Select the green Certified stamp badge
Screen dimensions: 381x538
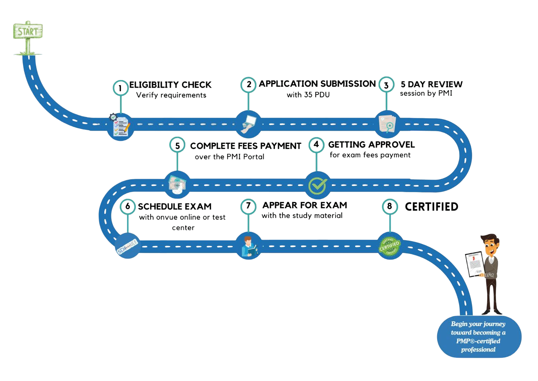pyautogui.click(x=389, y=246)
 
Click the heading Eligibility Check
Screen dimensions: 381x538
pyautogui.click(x=170, y=84)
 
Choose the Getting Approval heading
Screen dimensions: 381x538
pyautogui.click(x=371, y=145)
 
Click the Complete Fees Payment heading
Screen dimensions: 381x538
pyautogui.click(x=245, y=146)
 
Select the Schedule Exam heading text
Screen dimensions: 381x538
pyautogui.click(x=175, y=206)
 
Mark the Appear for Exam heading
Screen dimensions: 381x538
pyautogui.click(x=304, y=205)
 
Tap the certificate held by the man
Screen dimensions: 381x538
pyautogui.click(x=474, y=264)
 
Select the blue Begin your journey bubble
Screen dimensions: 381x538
pyautogui.click(x=478, y=337)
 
